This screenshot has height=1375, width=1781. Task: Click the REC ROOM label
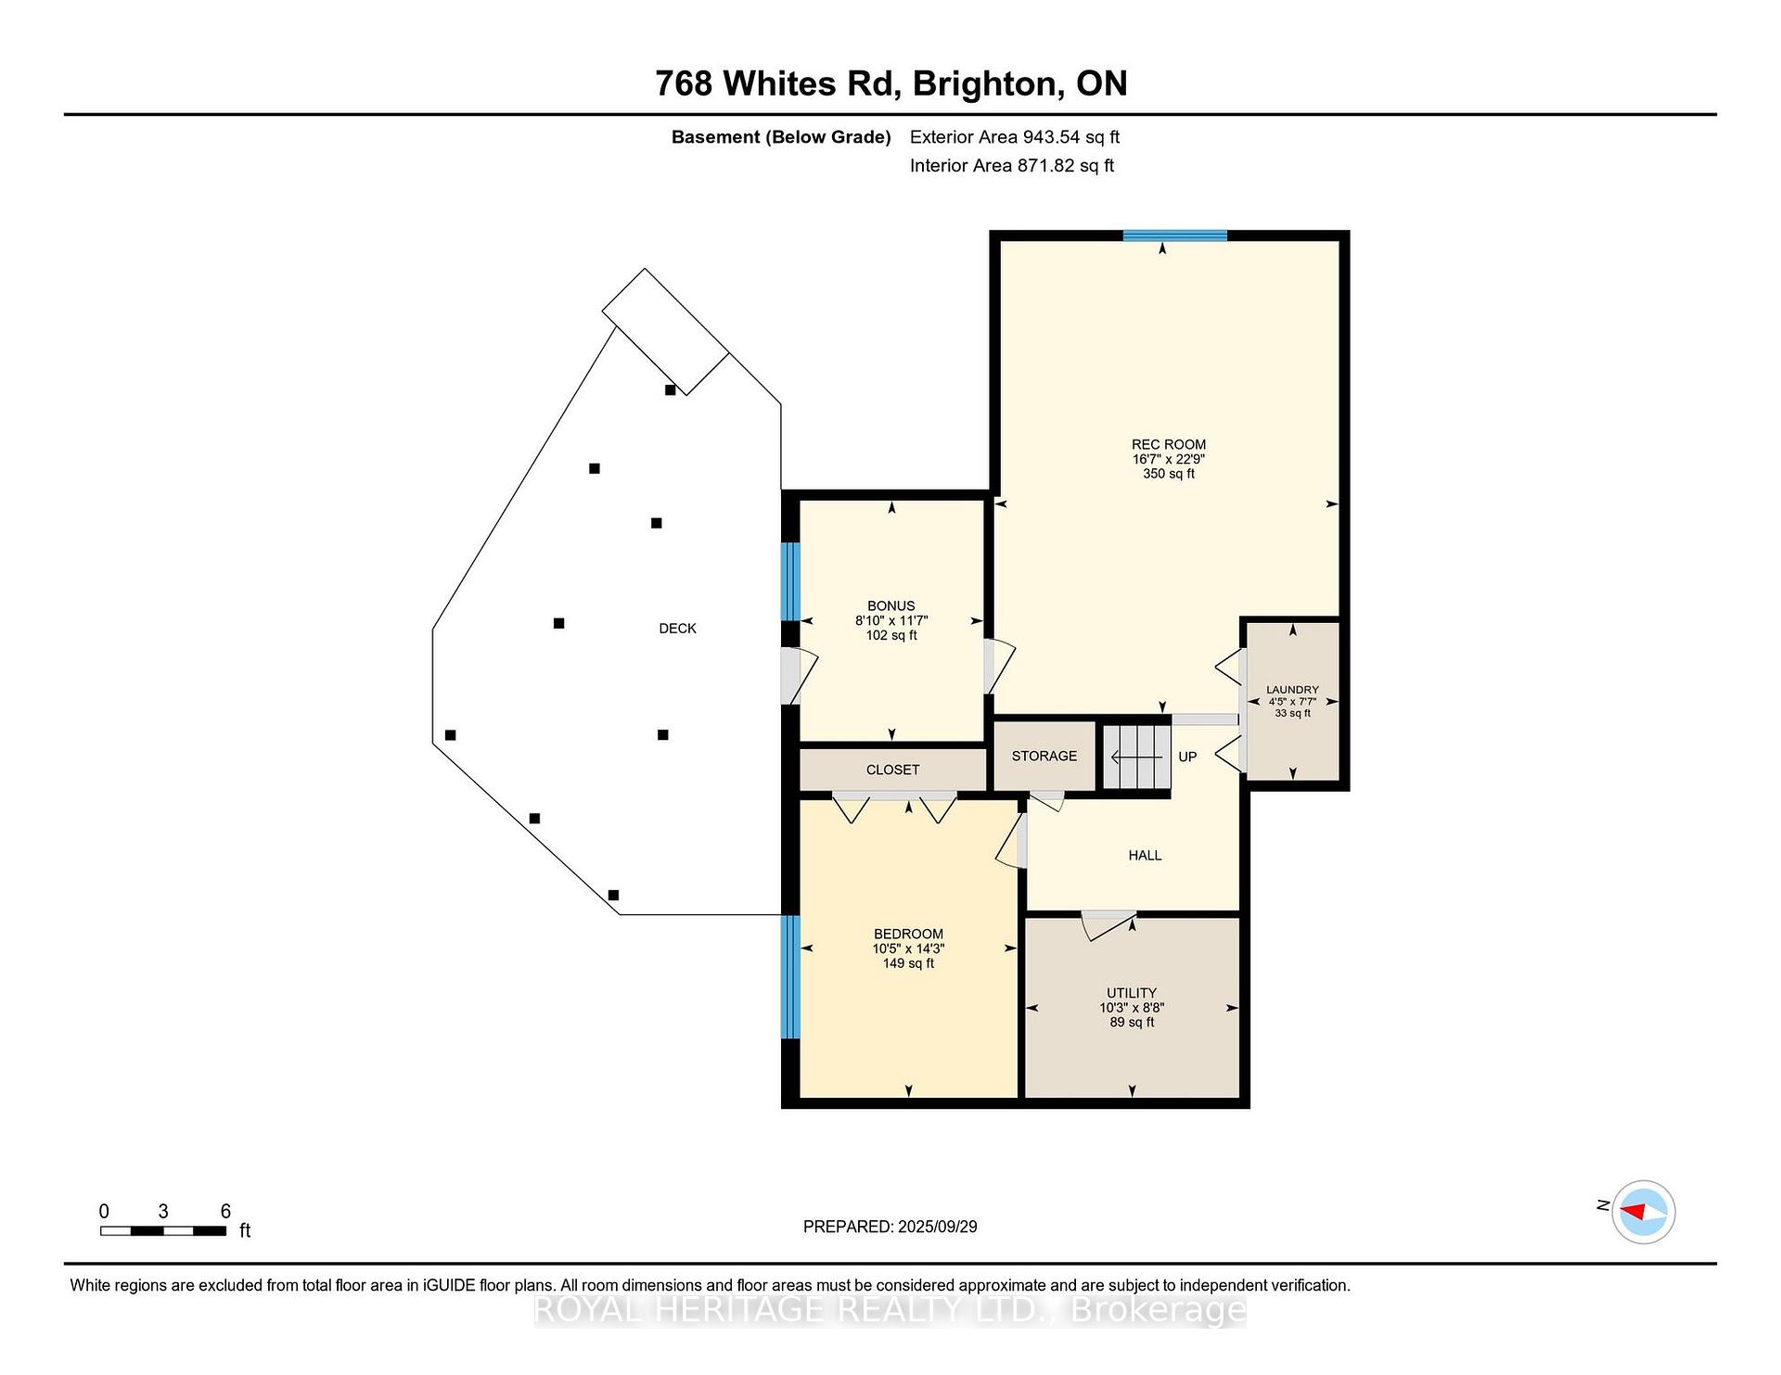point(1168,444)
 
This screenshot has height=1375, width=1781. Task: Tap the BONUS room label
point(891,606)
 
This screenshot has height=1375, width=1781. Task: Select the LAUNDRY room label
point(1292,690)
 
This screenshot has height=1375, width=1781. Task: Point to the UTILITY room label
point(1132,993)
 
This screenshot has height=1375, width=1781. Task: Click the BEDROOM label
point(908,934)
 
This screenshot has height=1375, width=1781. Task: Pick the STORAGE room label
point(1044,756)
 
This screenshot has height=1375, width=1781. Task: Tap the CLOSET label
point(892,770)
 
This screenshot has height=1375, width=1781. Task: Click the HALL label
point(1145,855)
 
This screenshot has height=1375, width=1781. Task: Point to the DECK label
point(677,628)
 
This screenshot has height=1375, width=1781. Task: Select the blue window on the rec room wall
point(1175,236)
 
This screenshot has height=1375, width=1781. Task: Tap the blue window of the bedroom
point(790,976)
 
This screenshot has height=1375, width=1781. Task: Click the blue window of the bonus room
point(790,581)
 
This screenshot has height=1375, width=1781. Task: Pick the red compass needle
point(1633,1211)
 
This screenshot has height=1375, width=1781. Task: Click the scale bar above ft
point(163,1231)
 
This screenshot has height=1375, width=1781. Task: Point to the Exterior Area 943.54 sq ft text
point(1015,137)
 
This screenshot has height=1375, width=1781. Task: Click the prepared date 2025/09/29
point(938,1227)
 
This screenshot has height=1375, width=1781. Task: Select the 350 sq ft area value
point(1169,474)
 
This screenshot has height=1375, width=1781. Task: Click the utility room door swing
point(1107,925)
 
